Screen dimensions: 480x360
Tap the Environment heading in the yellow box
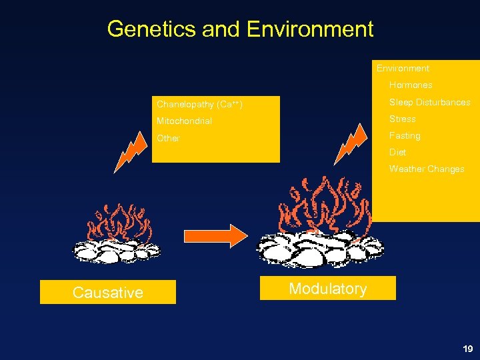(x=403, y=68)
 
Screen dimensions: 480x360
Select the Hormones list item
(x=411, y=85)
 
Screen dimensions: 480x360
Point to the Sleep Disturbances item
(x=429, y=102)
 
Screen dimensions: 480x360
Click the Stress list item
(x=402, y=119)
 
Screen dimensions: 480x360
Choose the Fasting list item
(x=405, y=135)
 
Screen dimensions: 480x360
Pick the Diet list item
(x=397, y=152)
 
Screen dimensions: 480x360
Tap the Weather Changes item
(x=427, y=169)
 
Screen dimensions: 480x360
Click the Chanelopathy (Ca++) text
(x=199, y=105)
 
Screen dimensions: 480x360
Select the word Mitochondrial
(x=184, y=121)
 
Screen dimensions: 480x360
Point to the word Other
(x=168, y=138)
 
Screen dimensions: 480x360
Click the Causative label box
(x=108, y=292)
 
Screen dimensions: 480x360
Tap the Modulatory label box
(x=327, y=289)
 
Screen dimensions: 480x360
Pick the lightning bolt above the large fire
(x=348, y=143)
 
